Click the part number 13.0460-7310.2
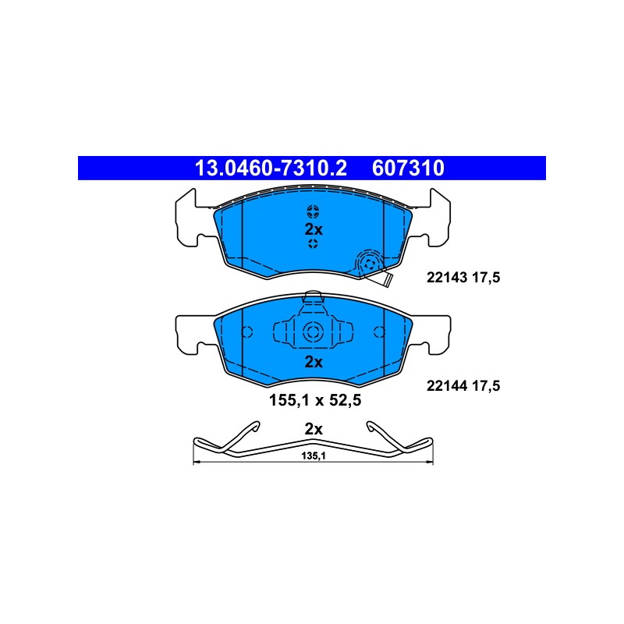[x=271, y=168]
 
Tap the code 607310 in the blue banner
[x=408, y=168]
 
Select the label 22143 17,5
[x=463, y=278]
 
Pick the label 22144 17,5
[x=463, y=385]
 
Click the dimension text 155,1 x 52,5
[x=315, y=400]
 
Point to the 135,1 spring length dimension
[x=314, y=456]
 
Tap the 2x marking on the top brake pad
[x=314, y=229]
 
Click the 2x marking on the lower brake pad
[x=314, y=362]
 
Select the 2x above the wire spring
[x=314, y=429]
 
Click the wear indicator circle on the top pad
[x=368, y=263]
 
